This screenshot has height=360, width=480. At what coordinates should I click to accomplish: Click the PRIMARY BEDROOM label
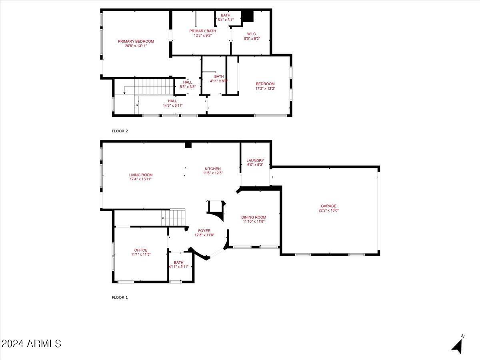(x=136, y=41)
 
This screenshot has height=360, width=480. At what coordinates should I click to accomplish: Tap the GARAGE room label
(x=328, y=206)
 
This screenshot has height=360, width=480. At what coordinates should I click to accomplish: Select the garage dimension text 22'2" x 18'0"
(x=328, y=210)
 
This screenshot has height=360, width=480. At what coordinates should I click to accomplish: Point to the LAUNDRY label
(x=255, y=160)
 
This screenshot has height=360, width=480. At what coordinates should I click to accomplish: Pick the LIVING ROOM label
(x=140, y=175)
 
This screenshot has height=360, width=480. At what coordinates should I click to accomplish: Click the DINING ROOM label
(x=254, y=217)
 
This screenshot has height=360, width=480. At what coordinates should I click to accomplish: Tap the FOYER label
(x=204, y=231)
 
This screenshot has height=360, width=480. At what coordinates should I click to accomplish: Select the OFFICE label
(x=141, y=250)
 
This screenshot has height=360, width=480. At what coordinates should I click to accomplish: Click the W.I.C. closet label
(x=252, y=34)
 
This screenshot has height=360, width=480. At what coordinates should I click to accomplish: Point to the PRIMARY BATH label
(x=203, y=31)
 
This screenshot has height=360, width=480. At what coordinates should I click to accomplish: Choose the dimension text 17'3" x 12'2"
(x=265, y=88)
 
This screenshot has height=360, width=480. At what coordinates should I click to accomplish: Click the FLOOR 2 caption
(x=120, y=131)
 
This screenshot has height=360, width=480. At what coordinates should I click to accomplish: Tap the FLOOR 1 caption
(x=120, y=298)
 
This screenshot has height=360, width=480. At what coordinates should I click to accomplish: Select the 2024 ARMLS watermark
(x=31, y=344)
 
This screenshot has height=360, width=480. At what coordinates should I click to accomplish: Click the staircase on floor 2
(x=149, y=86)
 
